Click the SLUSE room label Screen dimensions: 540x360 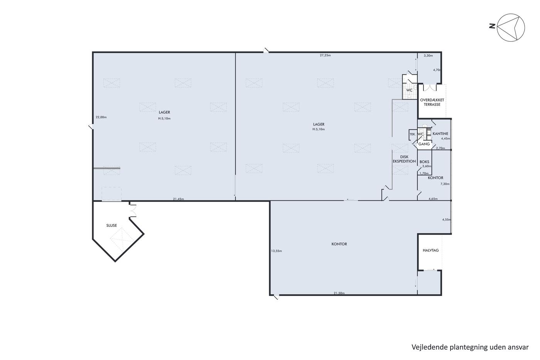[x=111, y=225]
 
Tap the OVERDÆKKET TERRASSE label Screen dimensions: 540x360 [x=432, y=102]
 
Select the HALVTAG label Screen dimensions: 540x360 [x=430, y=250]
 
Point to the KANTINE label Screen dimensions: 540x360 [x=440, y=134]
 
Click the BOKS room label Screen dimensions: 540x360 [x=424, y=162]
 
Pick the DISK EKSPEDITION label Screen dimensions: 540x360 [x=404, y=159]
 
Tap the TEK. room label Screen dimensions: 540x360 [x=413, y=134]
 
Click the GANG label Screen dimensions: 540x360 [x=424, y=144]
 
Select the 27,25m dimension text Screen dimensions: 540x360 [x=325, y=55]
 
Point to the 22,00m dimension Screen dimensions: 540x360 [x=101, y=117]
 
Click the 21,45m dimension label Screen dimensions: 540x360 [x=178, y=199]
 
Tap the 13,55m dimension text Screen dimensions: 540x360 [x=277, y=251]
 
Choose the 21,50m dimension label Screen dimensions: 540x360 [x=339, y=293]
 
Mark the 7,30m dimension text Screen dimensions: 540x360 [x=445, y=184]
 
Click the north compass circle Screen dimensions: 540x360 [x=511, y=27]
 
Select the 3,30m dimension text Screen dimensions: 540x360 [x=429, y=56]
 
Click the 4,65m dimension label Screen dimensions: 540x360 [x=433, y=199]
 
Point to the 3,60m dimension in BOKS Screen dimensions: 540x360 [x=427, y=166]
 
